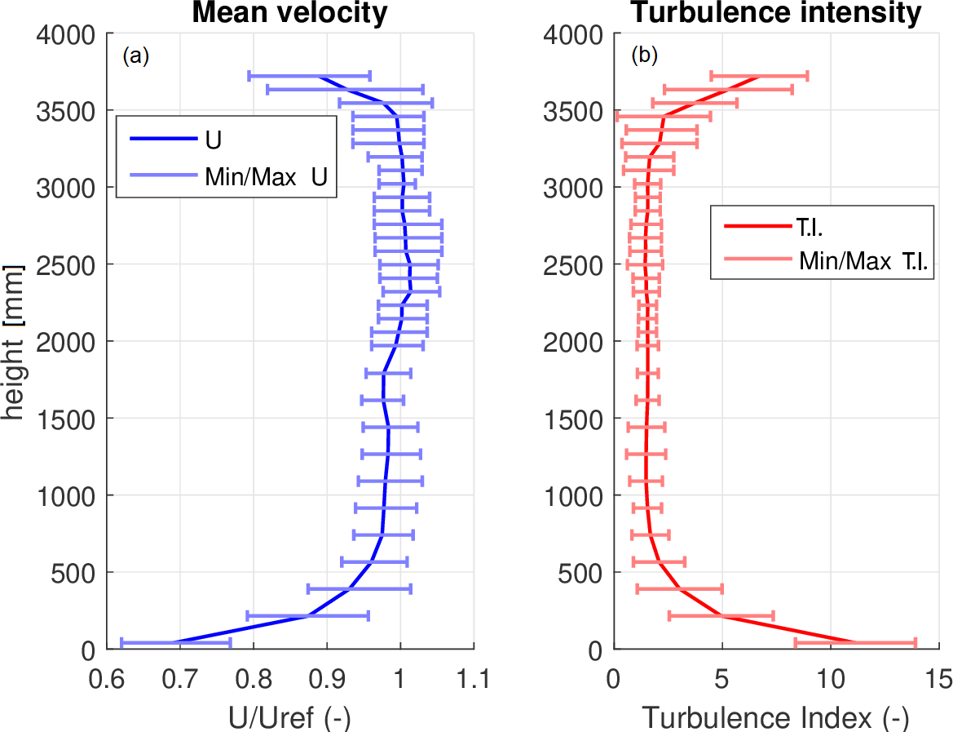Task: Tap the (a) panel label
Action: coord(135,56)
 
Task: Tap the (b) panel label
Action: coord(645,56)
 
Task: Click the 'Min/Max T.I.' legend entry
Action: coord(863,260)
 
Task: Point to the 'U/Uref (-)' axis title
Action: coord(291,717)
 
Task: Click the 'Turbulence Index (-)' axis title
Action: coord(775,717)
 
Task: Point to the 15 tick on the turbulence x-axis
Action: coord(939,678)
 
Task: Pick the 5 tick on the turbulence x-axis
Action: coord(721,678)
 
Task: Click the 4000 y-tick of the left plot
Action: coord(64,35)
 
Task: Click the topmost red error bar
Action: coord(759,76)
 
